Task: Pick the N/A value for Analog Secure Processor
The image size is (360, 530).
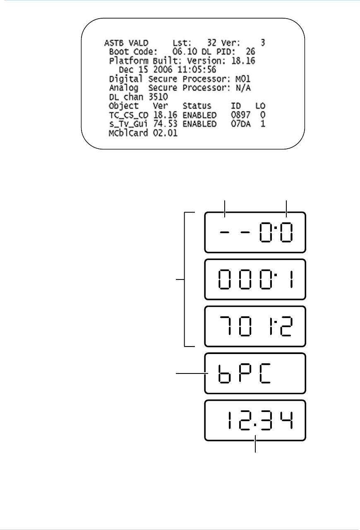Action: pyautogui.click(x=243, y=88)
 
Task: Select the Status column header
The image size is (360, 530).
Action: pyautogui.click(x=197, y=106)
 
